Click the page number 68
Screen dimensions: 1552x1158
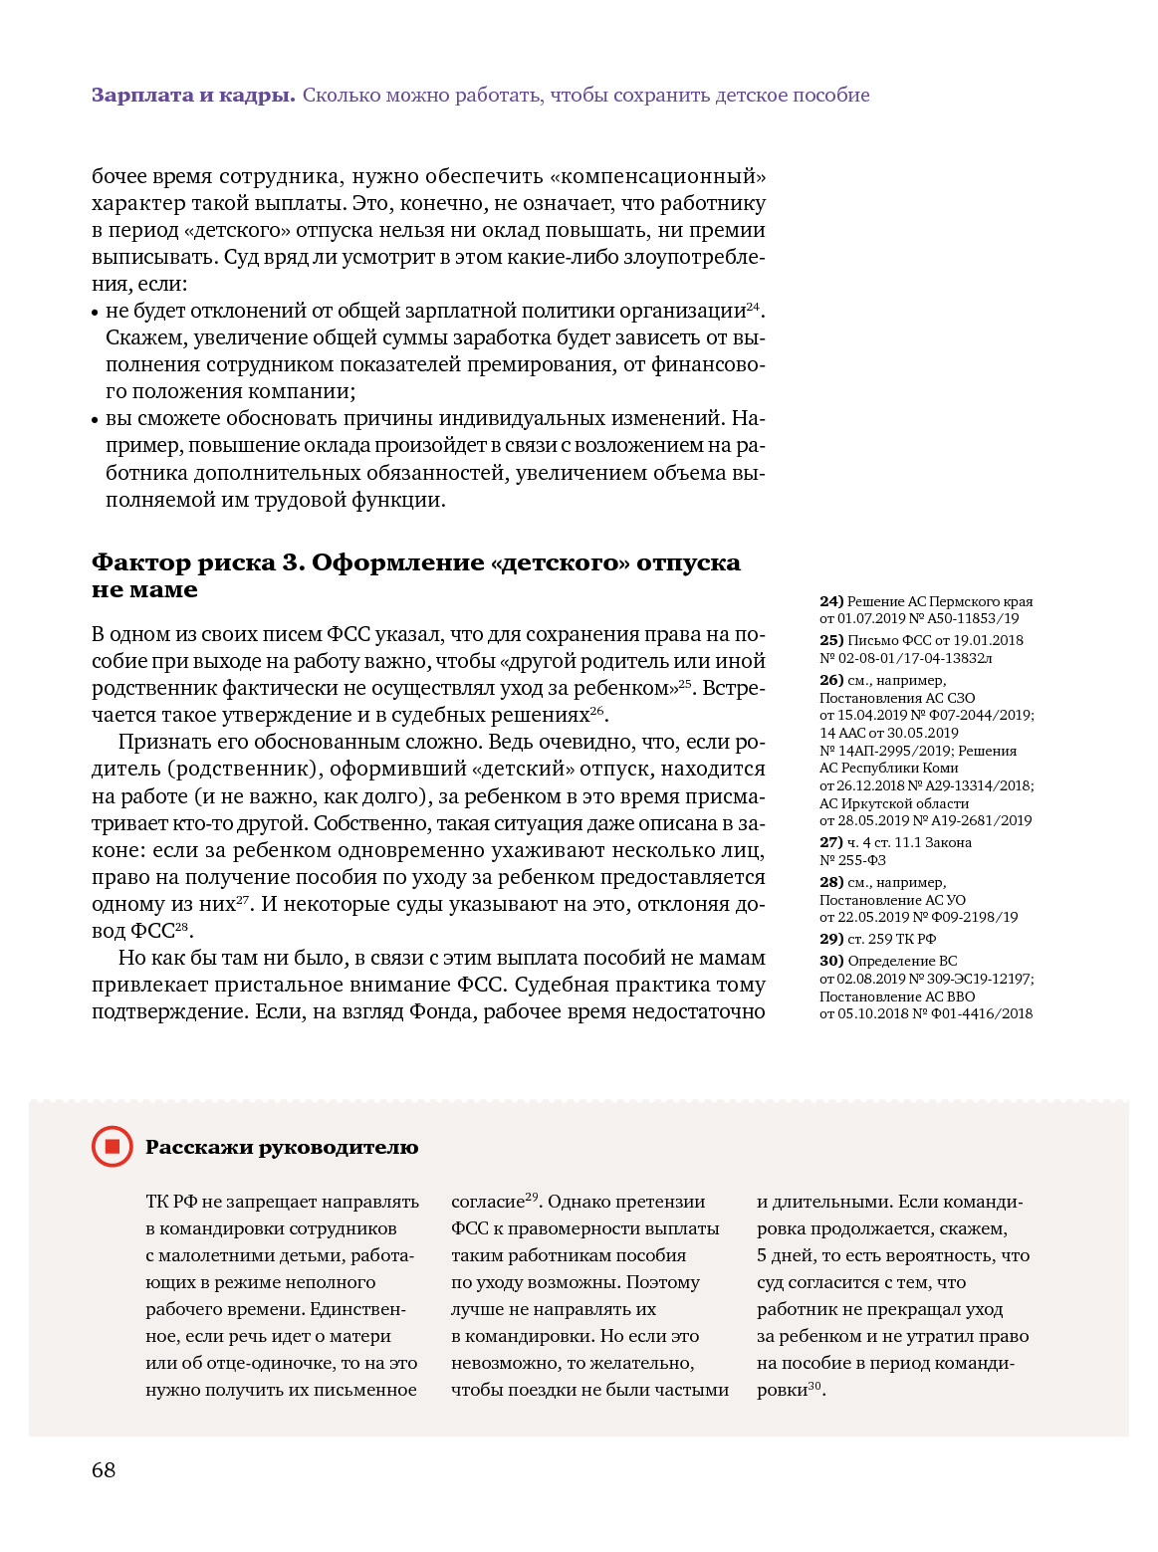tap(104, 1470)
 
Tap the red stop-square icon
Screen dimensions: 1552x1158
tap(112, 1147)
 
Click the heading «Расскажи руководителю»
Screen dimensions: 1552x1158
tap(282, 1147)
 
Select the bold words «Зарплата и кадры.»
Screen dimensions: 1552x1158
tap(193, 96)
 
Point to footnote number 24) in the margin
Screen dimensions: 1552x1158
tap(831, 601)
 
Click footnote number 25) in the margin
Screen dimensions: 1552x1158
tap(831, 640)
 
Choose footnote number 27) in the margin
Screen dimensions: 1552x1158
tap(831, 842)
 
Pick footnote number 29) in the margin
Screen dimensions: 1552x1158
tap(831, 939)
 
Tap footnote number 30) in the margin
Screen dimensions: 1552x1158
tap(831, 961)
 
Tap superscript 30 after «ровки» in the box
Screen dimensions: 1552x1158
tap(814, 1386)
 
